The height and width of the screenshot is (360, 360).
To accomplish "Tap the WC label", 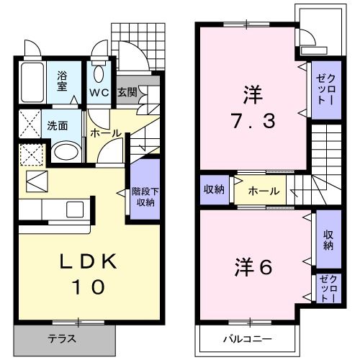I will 99,92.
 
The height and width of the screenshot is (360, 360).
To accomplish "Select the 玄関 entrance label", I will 127,92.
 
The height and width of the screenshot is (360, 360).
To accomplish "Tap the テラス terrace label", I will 62,338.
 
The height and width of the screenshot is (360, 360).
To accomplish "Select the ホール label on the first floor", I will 105,133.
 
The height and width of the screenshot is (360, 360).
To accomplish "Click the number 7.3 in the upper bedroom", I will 248,120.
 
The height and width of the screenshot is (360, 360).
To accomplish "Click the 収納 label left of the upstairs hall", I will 214,190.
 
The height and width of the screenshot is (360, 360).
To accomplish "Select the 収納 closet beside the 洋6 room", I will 328,240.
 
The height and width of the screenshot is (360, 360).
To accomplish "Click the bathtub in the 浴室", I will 31,80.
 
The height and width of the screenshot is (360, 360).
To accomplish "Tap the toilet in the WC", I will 99,73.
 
